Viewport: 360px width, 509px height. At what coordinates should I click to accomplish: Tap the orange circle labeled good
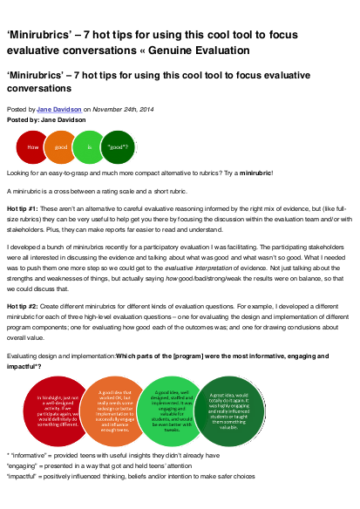59,147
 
